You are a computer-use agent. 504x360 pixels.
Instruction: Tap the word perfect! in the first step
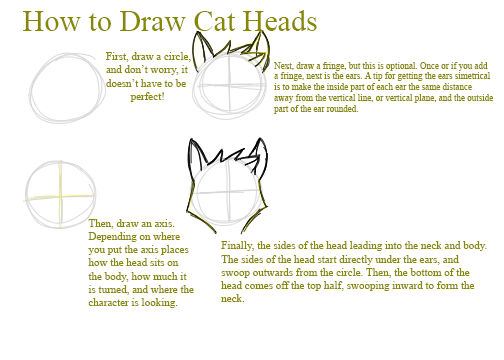(x=147, y=97)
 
